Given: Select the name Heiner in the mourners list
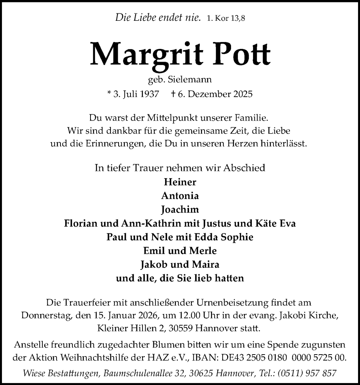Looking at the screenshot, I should tap(180, 182).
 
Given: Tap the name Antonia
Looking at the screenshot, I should tap(180, 196).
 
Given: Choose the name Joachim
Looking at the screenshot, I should tap(180, 209).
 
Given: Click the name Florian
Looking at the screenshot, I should tap(79, 223).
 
